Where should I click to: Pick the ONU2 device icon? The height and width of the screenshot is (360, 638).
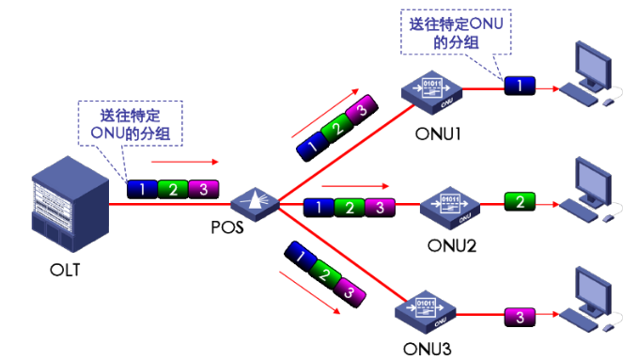click(x=449, y=203)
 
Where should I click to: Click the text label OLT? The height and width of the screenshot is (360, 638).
click(x=65, y=272)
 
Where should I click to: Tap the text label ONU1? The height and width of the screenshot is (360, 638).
click(x=437, y=133)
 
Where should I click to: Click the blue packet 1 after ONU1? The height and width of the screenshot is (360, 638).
click(x=519, y=86)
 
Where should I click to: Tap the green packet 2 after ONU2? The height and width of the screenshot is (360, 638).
click(x=519, y=201)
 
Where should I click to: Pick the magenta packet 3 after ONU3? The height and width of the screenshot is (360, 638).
click(x=519, y=317)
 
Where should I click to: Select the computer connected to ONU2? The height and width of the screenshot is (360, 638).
click(x=591, y=190)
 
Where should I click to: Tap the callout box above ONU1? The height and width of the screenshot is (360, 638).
click(x=454, y=31)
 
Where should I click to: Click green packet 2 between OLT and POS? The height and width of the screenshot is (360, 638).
click(x=172, y=189)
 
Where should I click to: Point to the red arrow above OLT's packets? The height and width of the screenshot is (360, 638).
click(x=176, y=161)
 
